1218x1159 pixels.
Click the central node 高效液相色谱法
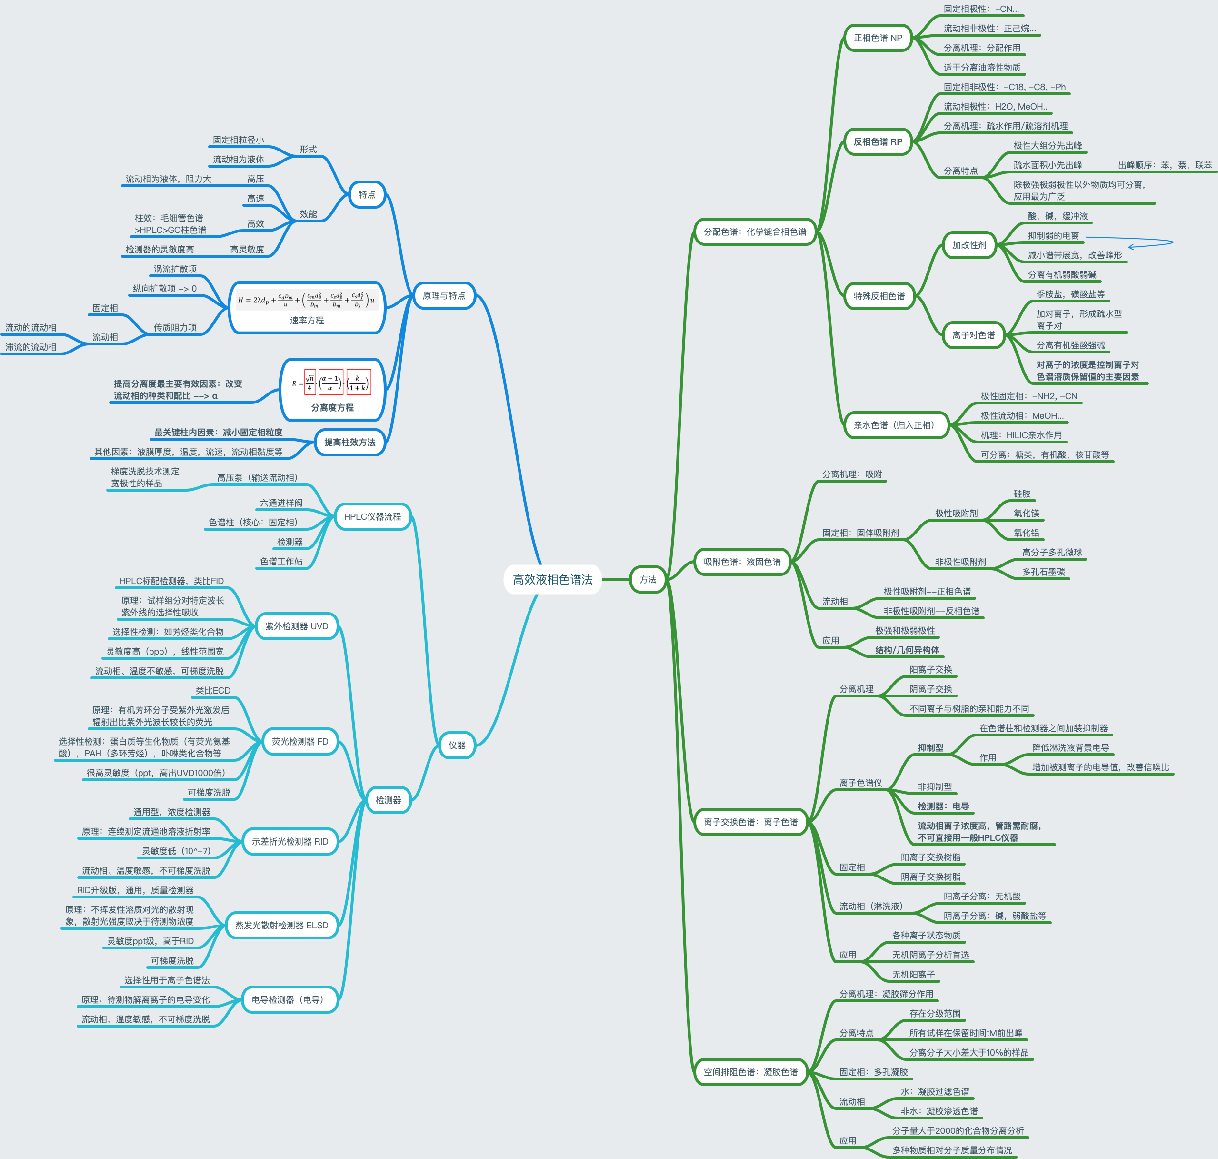click(x=552, y=579)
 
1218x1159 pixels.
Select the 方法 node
click(x=648, y=579)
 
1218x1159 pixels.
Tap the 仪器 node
click(x=457, y=745)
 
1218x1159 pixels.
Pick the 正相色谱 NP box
click(x=878, y=38)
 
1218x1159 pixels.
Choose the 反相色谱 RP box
click(x=878, y=141)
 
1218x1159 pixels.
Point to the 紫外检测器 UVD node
click(x=297, y=626)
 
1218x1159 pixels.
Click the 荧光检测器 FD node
click(x=300, y=741)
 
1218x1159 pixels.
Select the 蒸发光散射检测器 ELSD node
click(x=282, y=925)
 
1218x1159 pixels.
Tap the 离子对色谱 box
click(x=973, y=335)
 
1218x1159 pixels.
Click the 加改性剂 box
click(x=968, y=245)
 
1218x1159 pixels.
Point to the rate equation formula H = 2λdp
click(x=306, y=300)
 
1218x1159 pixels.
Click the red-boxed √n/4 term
click(x=310, y=383)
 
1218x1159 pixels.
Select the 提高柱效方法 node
click(x=349, y=443)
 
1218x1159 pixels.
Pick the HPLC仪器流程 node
click(x=372, y=516)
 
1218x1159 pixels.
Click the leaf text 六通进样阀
click(x=281, y=503)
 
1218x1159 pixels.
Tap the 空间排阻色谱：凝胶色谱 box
click(x=750, y=1072)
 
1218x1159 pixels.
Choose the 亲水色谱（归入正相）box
click(x=896, y=425)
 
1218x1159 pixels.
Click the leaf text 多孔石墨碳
click(x=1043, y=572)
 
